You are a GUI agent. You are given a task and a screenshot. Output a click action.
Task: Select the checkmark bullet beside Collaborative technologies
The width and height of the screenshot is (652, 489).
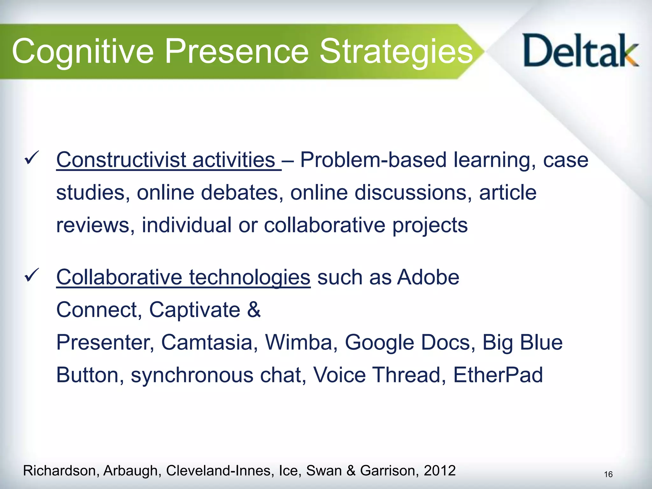(x=32, y=274)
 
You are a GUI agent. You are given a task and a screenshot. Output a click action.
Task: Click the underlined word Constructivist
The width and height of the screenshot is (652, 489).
(x=121, y=160)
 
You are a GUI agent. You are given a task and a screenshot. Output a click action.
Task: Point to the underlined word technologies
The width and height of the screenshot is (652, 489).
(x=250, y=277)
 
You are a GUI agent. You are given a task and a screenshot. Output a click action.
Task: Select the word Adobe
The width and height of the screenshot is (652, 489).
(x=428, y=277)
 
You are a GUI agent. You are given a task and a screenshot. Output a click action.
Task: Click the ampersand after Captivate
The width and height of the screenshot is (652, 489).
(x=254, y=310)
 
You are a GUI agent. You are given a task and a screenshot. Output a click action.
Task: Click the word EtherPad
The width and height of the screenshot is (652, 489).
(x=498, y=375)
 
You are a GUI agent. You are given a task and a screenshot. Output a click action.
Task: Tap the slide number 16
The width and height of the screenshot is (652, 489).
(x=608, y=475)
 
